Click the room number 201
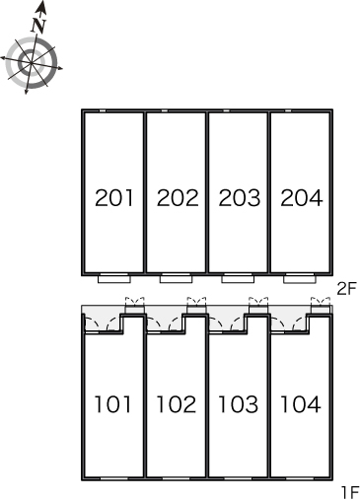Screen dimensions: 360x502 (x=114, y=198)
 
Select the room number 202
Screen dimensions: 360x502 (x=178, y=198)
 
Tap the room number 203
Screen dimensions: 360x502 (x=240, y=198)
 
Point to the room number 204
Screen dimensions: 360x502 (x=302, y=198)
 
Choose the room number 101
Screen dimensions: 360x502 (x=112, y=404)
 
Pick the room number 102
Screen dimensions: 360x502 (x=177, y=404)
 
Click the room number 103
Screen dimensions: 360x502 (x=238, y=404)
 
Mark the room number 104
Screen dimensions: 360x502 (x=300, y=404)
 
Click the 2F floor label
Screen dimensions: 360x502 (x=347, y=289)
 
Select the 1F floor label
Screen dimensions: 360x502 (x=349, y=492)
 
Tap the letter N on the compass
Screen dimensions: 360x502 (x=38, y=26)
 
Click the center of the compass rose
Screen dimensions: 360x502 (x=32, y=63)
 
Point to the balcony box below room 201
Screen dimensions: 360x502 (x=114, y=278)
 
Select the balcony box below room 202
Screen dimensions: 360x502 (x=177, y=278)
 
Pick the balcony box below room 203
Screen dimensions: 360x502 (x=238, y=278)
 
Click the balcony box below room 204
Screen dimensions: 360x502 (x=300, y=278)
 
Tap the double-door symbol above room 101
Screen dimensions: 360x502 (x=135, y=301)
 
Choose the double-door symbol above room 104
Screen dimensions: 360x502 (x=321, y=301)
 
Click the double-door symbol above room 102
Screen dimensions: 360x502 (x=196, y=301)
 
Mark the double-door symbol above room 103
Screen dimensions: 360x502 (x=258, y=301)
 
